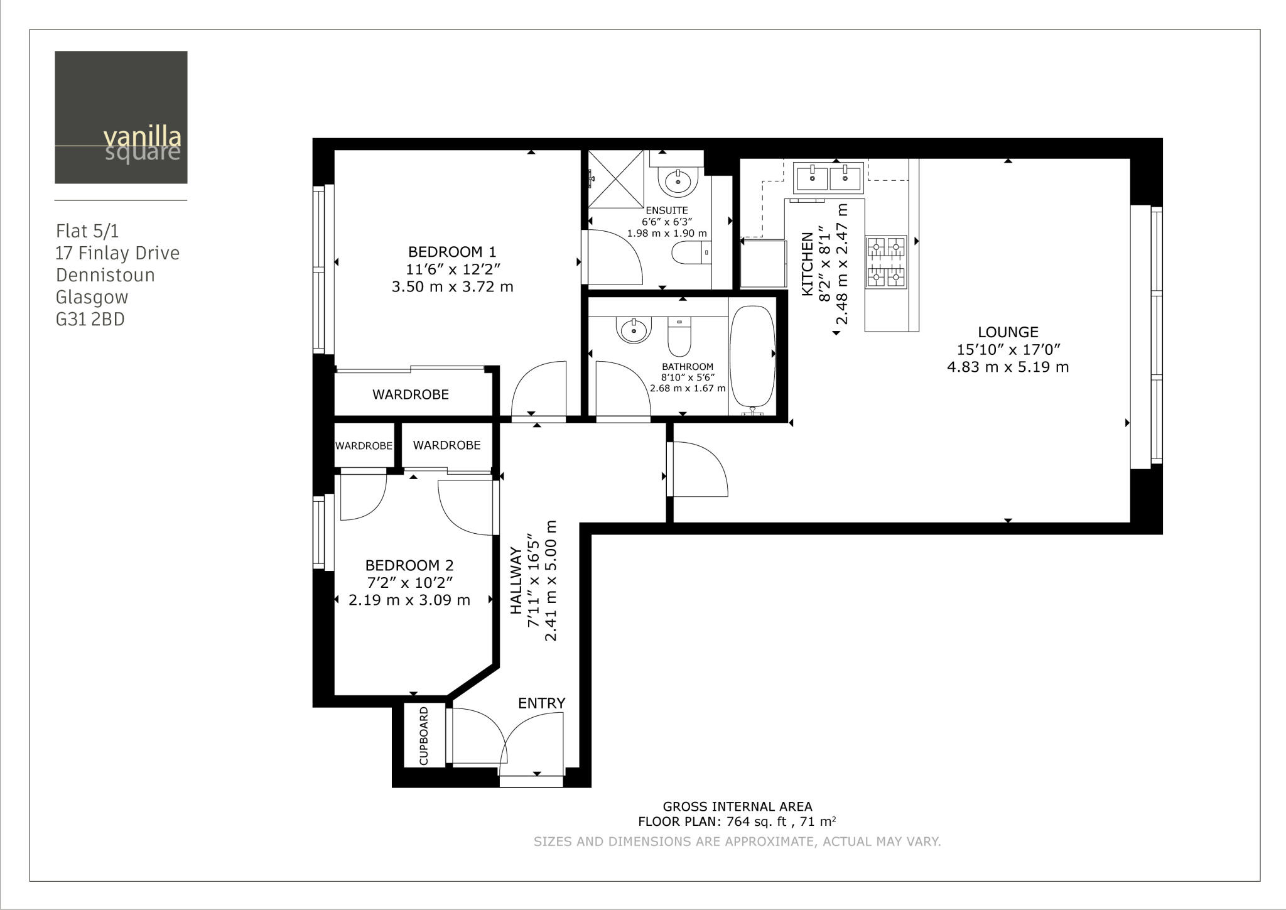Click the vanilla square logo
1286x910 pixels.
click(x=121, y=117)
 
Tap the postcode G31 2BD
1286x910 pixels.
click(x=90, y=320)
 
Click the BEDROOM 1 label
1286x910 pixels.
click(x=451, y=252)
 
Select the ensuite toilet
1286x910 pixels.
click(x=689, y=254)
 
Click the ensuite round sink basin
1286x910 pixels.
click(x=678, y=181)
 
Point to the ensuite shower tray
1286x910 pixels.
click(x=615, y=179)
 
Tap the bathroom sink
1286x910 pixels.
click(x=634, y=329)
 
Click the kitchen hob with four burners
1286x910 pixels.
click(x=885, y=262)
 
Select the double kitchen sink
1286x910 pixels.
click(x=828, y=177)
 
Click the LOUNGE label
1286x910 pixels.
click(x=1008, y=332)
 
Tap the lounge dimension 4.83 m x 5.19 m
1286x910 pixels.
click(x=1008, y=367)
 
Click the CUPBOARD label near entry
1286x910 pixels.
click(x=424, y=735)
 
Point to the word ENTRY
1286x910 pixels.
click(x=541, y=703)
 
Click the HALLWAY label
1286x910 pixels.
click(x=516, y=581)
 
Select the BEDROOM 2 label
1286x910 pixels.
click(x=409, y=565)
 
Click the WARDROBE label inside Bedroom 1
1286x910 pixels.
click(x=410, y=394)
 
